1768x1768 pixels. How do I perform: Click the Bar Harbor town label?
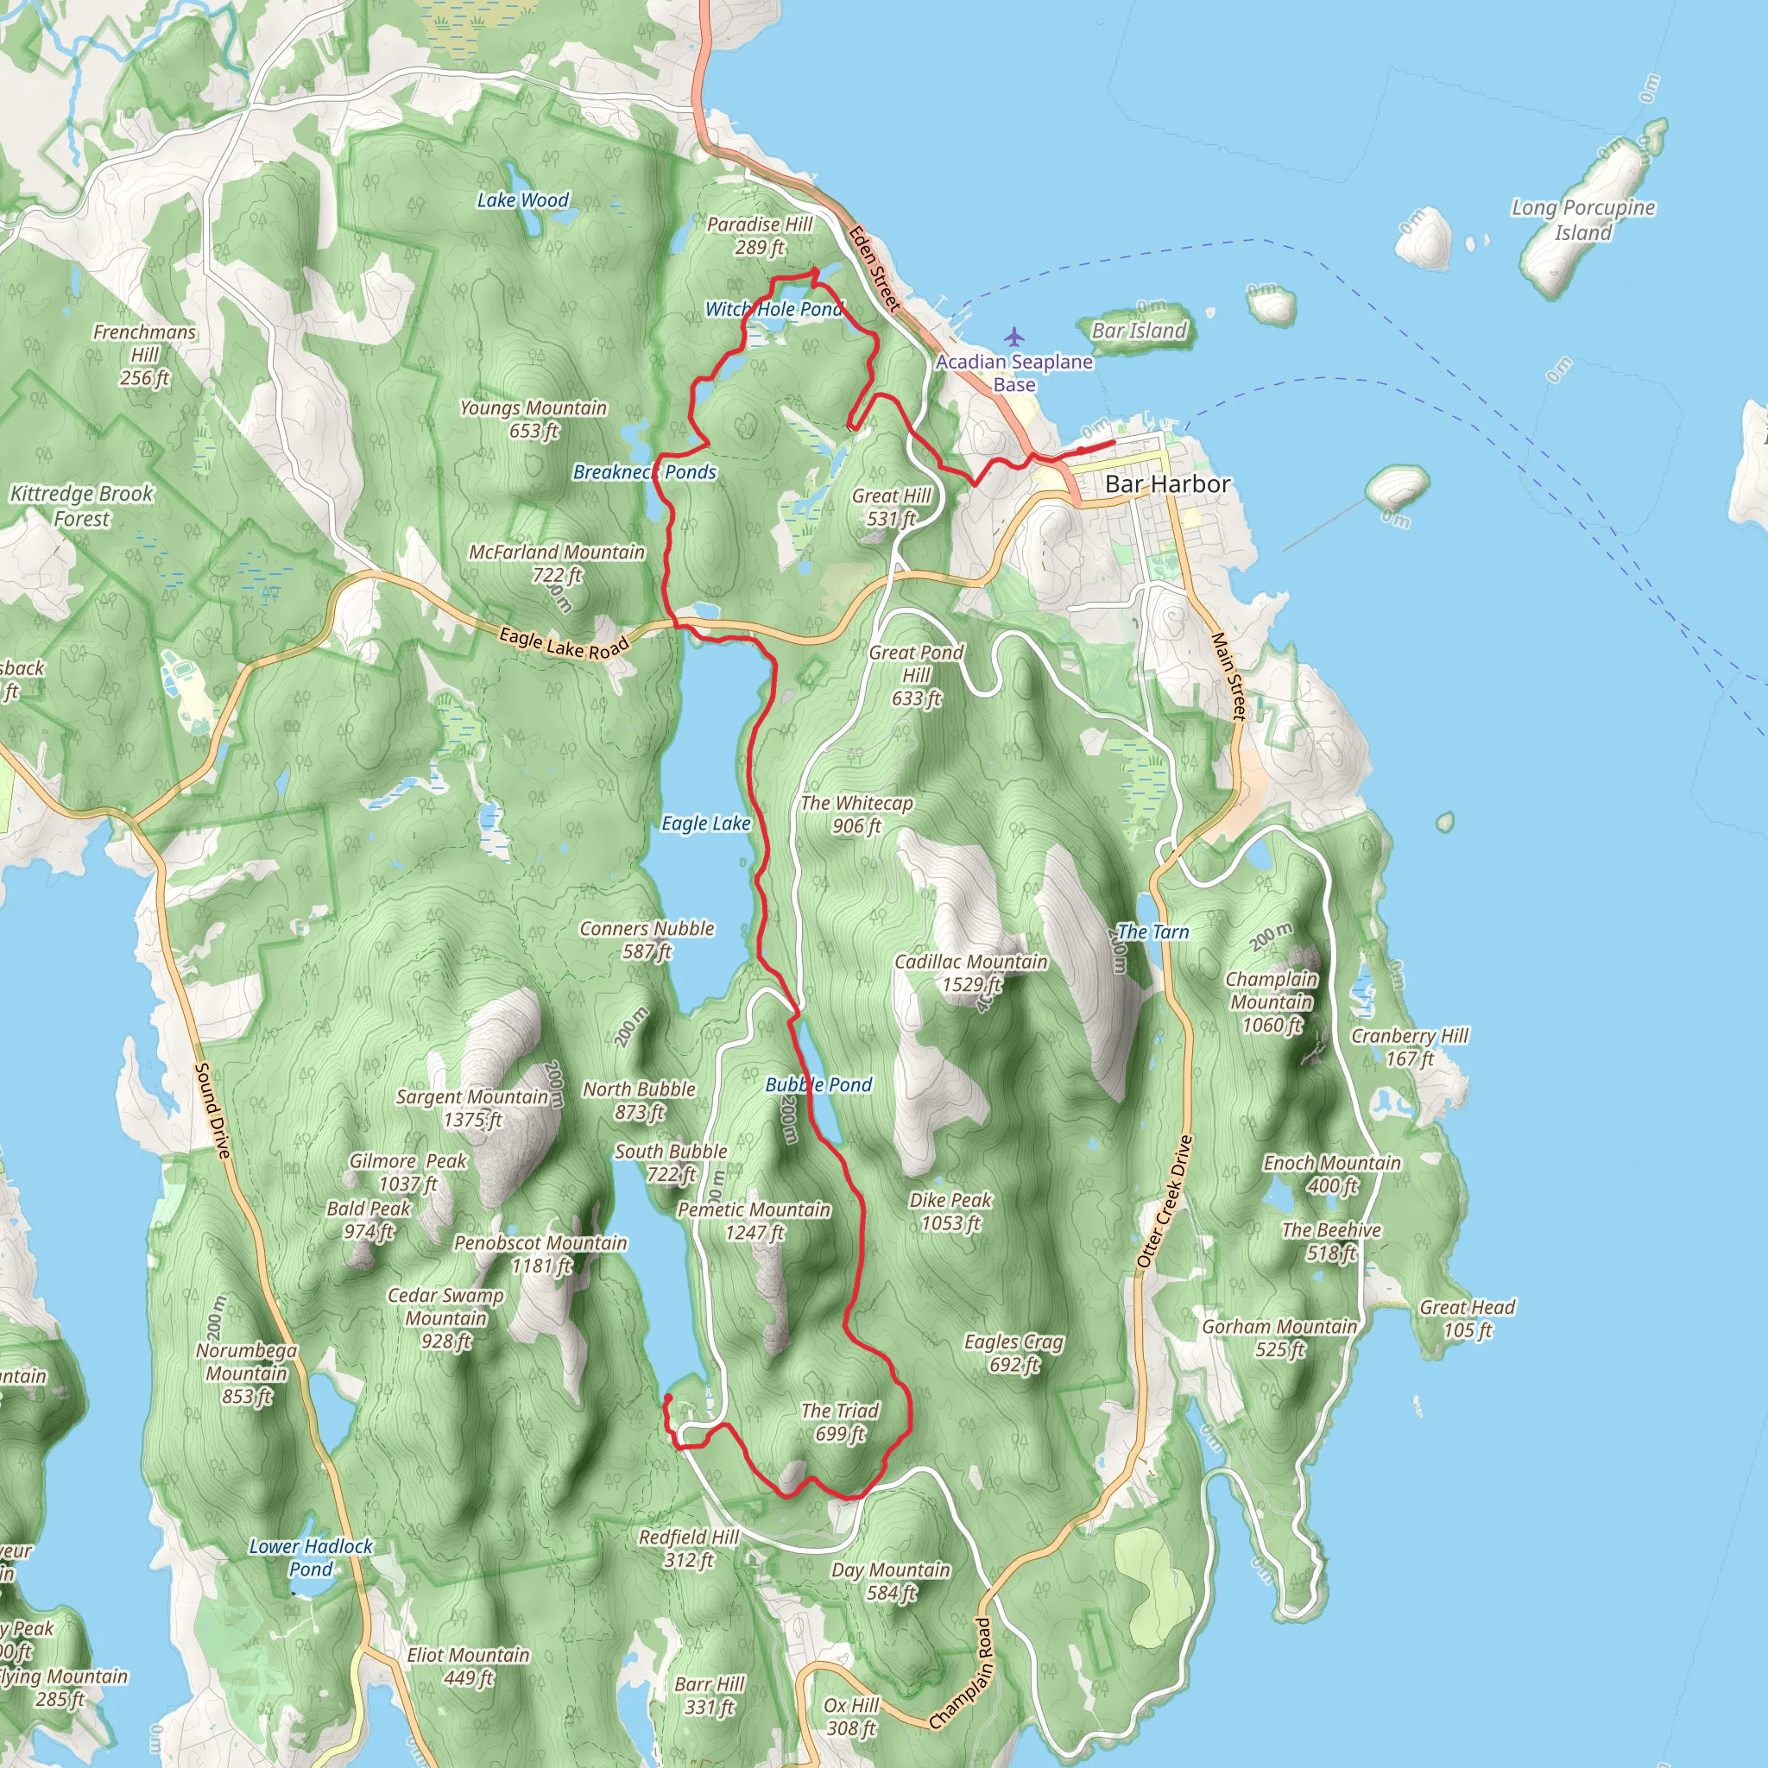pyautogui.click(x=1167, y=484)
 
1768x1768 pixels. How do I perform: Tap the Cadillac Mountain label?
pyautogui.click(x=971, y=973)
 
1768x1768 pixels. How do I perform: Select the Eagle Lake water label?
pyautogui.click(x=705, y=824)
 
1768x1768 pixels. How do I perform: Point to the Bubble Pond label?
pyautogui.click(x=819, y=1084)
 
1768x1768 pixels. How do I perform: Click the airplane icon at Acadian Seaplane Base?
pyautogui.click(x=1014, y=337)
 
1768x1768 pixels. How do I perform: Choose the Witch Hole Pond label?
pyautogui.click(x=773, y=309)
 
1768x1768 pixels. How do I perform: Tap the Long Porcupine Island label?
pyautogui.click(x=1583, y=219)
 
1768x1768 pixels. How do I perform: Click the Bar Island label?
pyautogui.click(x=1140, y=331)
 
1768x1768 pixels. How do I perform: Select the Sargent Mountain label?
pyautogui.click(x=472, y=1108)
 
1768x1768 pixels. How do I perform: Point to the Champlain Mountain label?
pyautogui.click(x=1271, y=1001)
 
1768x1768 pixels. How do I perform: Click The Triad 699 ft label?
pyautogui.click(x=840, y=1422)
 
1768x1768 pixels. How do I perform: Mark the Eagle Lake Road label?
pyautogui.click(x=565, y=642)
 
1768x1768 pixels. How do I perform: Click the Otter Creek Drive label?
pyautogui.click(x=1165, y=1201)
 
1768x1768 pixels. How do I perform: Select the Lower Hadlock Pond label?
pyautogui.click(x=311, y=1557)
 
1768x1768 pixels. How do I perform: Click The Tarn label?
pyautogui.click(x=1153, y=931)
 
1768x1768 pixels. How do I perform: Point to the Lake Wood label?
pyautogui.click(x=522, y=199)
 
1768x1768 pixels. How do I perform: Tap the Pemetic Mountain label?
pyautogui.click(x=754, y=1221)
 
